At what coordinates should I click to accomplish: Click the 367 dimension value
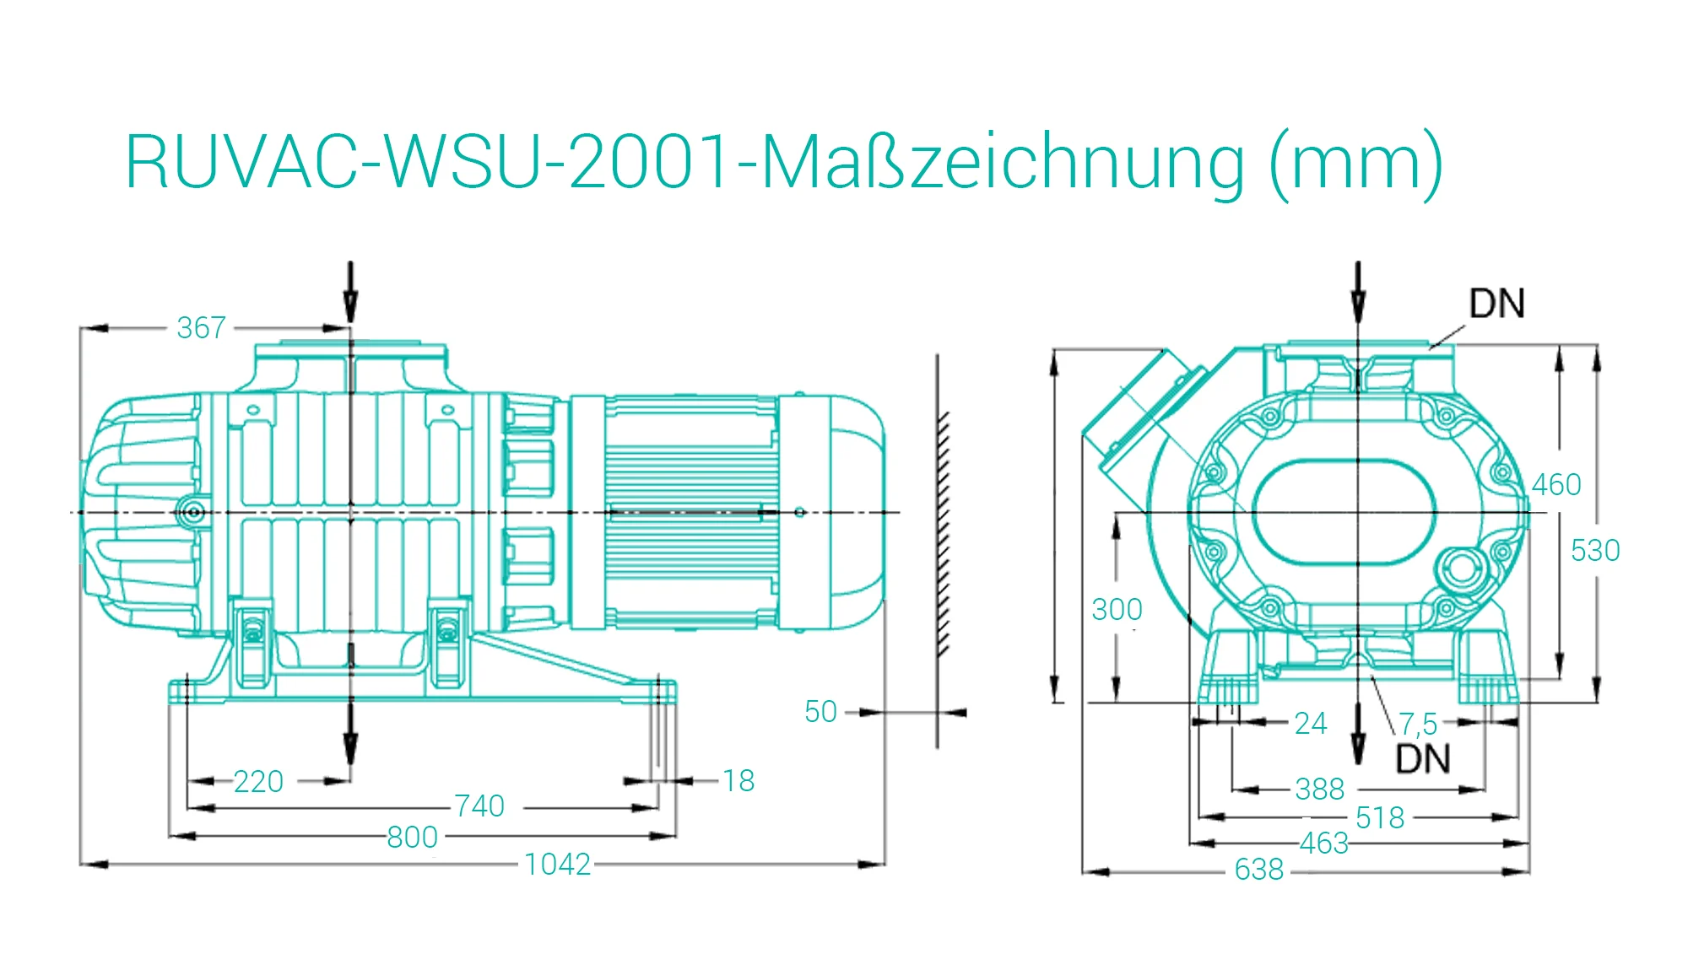[201, 327]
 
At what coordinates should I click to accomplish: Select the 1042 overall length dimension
[557, 865]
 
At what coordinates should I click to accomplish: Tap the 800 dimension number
[412, 838]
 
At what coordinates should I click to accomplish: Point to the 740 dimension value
[479, 806]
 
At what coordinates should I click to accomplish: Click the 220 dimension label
[258, 782]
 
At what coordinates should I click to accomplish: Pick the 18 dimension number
[738, 781]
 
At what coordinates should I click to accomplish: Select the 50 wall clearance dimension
[820, 712]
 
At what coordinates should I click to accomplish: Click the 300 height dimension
[1117, 609]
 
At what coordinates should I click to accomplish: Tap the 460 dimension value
[1556, 484]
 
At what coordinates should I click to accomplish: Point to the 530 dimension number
[1595, 550]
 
